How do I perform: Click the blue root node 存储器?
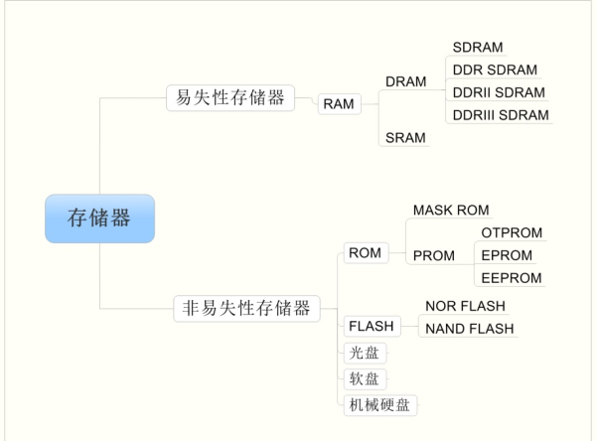pyautogui.click(x=99, y=219)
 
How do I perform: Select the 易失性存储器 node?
pyautogui.click(x=229, y=97)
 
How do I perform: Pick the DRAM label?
pyautogui.click(x=406, y=80)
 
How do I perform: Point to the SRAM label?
pyautogui.click(x=405, y=138)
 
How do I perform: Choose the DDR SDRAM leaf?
pyautogui.click(x=494, y=70)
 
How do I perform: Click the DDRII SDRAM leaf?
pyautogui.click(x=498, y=92)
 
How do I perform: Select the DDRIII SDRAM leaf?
pyautogui.click(x=500, y=115)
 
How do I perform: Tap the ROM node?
pyautogui.click(x=365, y=253)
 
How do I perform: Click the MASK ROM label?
pyautogui.click(x=451, y=211)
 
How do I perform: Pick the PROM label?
pyautogui.click(x=433, y=255)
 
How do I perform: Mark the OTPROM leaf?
pyautogui.click(x=512, y=232)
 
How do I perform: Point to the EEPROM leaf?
pyautogui.click(x=512, y=278)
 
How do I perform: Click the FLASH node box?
pyautogui.click(x=371, y=326)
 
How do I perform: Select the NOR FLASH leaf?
pyautogui.click(x=465, y=306)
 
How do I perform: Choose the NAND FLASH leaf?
pyautogui.click(x=470, y=329)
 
